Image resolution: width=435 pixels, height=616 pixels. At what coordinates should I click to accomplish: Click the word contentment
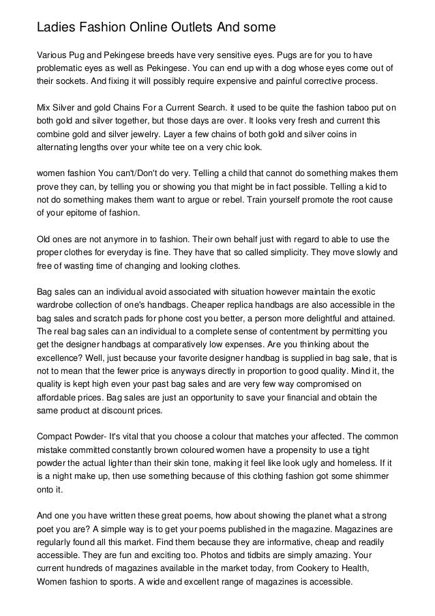[x=265, y=332]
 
